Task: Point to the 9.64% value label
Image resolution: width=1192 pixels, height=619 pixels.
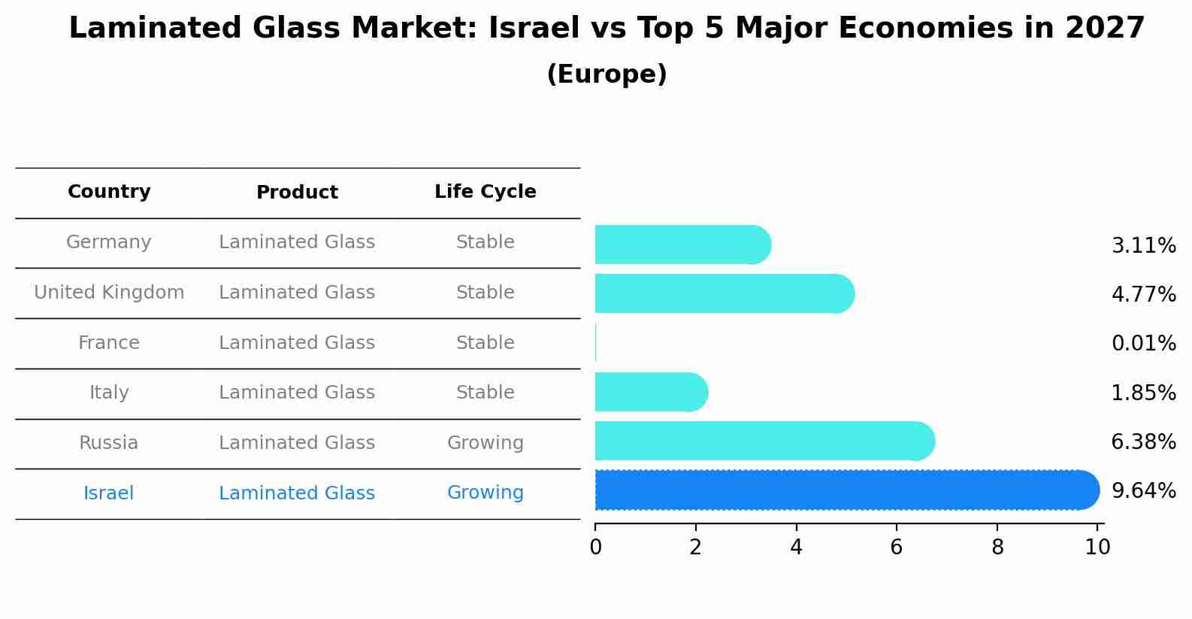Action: pyautogui.click(x=1143, y=491)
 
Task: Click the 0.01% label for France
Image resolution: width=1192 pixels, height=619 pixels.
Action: pyautogui.click(x=1143, y=344)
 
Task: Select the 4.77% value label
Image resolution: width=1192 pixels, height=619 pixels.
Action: pyautogui.click(x=1143, y=294)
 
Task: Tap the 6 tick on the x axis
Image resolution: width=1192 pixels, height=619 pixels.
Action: pyautogui.click(x=897, y=548)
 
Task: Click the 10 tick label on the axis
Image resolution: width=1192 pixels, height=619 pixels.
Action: pyautogui.click(x=1097, y=548)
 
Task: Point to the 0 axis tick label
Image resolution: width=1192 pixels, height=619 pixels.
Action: pyautogui.click(x=595, y=548)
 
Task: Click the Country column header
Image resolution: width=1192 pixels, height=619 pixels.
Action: pyautogui.click(x=109, y=192)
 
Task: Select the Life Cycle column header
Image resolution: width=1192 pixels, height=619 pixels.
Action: pyautogui.click(x=485, y=192)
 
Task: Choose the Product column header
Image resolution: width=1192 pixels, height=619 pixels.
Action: pyautogui.click(x=297, y=193)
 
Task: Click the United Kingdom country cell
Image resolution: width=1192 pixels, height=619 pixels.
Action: pyautogui.click(x=109, y=293)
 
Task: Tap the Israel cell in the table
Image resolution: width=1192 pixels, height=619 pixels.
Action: pyautogui.click(x=109, y=493)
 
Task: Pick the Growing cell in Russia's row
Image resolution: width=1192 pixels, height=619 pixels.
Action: pyautogui.click(x=485, y=443)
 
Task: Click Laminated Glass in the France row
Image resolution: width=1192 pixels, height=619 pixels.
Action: pyautogui.click(x=297, y=343)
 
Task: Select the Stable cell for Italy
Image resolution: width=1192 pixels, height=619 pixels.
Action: pyautogui.click(x=485, y=393)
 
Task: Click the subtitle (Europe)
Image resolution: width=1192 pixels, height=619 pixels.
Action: pyautogui.click(x=607, y=74)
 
